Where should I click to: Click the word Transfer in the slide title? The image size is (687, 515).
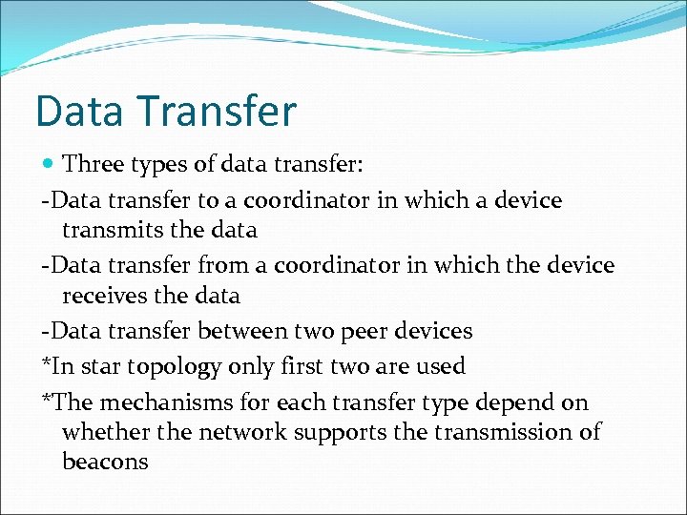(219, 111)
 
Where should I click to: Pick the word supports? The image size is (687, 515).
(341, 433)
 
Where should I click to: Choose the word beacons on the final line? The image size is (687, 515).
(105, 463)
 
